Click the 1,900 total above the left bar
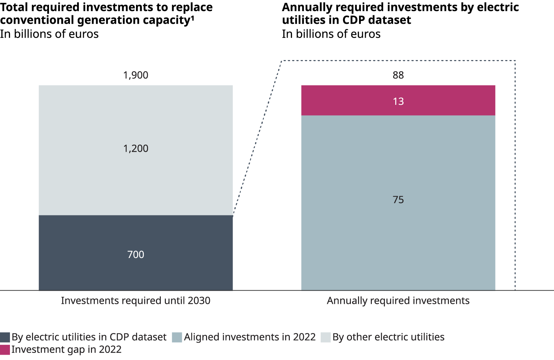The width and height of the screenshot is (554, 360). [136, 75]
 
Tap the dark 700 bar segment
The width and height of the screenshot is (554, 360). [136, 253]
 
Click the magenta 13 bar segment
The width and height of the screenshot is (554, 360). [398, 101]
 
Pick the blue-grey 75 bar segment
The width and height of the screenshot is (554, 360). [398, 203]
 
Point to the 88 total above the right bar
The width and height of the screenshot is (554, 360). [398, 75]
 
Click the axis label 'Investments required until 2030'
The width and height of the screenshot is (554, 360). [136, 301]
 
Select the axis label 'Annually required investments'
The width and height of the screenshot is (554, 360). [398, 301]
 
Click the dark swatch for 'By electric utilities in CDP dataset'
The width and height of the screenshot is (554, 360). [5, 337]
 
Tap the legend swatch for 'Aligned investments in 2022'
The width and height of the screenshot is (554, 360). [177, 337]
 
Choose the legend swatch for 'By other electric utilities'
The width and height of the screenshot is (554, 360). [326, 337]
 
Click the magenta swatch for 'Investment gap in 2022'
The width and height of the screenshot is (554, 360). [5, 350]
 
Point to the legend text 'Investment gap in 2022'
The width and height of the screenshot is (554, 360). [66, 350]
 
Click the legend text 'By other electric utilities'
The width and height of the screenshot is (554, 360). [388, 337]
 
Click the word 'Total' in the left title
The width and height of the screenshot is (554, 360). [14, 7]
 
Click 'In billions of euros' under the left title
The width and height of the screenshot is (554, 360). [49, 34]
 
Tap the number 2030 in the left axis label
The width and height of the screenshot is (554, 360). [199, 301]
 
